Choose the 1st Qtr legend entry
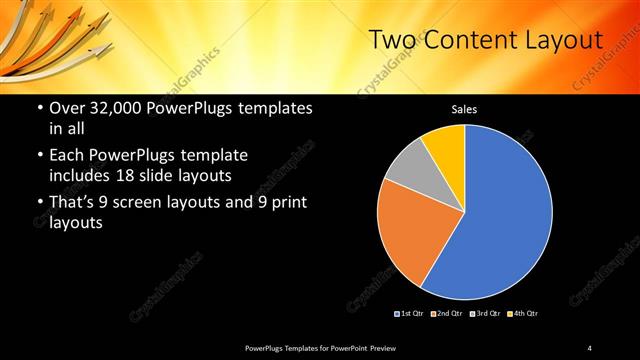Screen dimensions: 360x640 pos(409,314)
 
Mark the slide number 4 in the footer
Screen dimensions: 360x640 pos(590,347)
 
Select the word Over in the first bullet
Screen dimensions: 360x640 pos(69,108)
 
